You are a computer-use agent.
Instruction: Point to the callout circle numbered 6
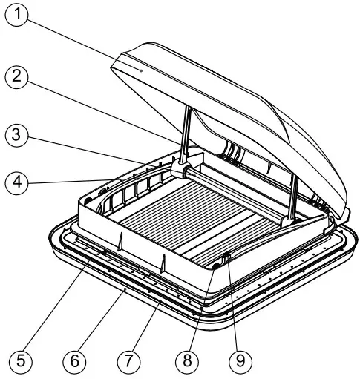(73, 361)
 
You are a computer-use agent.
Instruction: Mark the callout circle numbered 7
(128, 361)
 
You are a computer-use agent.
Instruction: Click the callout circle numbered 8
(185, 361)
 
